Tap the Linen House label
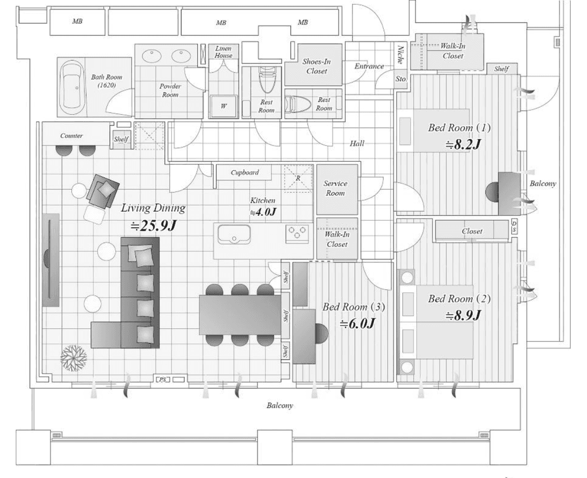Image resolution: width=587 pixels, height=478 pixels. point(223,52)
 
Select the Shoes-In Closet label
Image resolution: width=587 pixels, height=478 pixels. point(316,66)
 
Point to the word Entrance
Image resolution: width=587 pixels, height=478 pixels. point(369,66)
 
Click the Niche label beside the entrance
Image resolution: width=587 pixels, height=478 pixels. point(401,54)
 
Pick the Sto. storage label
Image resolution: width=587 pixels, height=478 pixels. point(401,79)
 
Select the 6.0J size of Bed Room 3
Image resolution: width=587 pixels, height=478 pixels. point(357,323)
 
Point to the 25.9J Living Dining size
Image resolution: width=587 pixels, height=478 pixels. point(153,226)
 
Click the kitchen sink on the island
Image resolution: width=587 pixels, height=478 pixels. point(234,234)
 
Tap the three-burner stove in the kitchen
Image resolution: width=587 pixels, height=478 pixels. point(297,232)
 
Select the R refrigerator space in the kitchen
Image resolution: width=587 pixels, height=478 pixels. point(298,178)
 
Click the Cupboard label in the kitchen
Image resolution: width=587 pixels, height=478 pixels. point(245,173)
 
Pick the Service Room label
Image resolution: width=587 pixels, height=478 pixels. point(335,188)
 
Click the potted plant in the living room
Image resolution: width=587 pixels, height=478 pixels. point(74,358)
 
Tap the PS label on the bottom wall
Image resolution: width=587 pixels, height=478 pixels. point(163,380)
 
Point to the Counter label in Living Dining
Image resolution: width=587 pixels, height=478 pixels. point(72,135)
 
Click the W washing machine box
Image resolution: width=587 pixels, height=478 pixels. point(223,106)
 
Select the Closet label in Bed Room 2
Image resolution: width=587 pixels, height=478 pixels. point(472,231)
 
